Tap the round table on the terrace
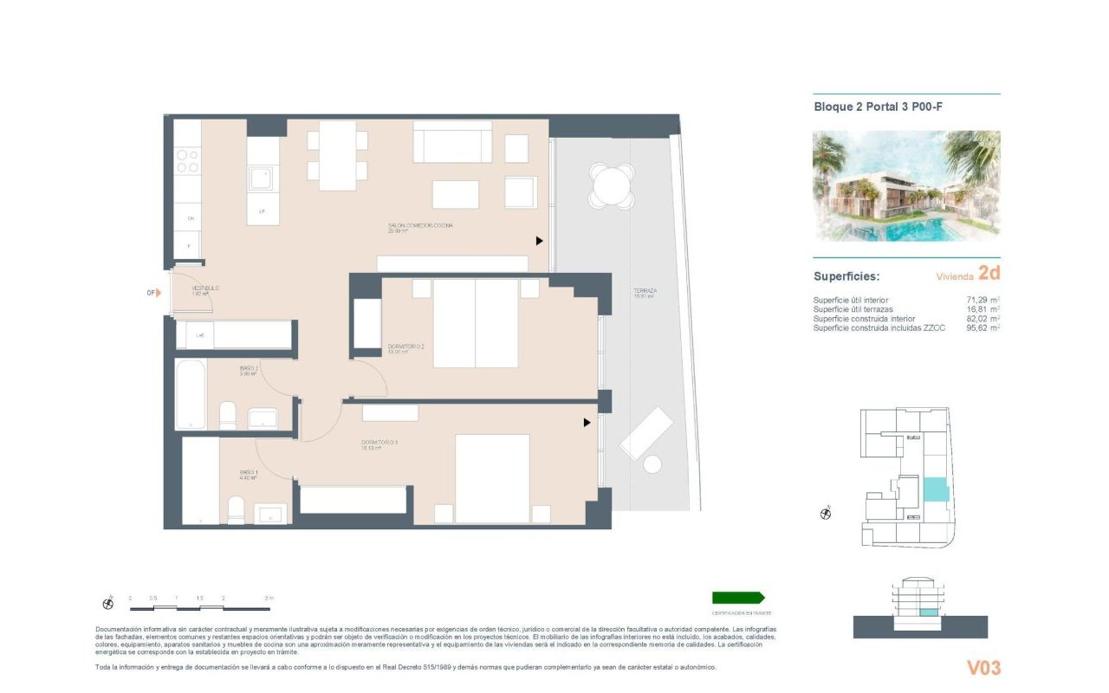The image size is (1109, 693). coord(611,186)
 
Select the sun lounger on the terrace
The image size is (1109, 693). coord(646,432)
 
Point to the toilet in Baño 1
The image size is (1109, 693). coord(236,510)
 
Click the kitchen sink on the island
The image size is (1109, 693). coord(261,179)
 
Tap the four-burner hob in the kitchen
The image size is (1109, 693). coord(187,161)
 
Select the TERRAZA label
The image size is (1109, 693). coord(644,291)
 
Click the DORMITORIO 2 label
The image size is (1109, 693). coord(405,346)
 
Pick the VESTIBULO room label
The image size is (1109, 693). coord(205,288)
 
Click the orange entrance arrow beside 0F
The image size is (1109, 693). coord(159,293)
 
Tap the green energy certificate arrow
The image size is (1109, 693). coord(737,598)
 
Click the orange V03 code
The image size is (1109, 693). coord(983,668)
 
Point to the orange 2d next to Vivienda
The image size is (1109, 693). coord(989,274)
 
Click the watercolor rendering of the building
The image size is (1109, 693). coord(906,185)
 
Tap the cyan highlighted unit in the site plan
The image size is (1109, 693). coord(936,491)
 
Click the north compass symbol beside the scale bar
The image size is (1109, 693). coord(108,603)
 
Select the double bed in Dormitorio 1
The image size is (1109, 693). coord(492,478)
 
